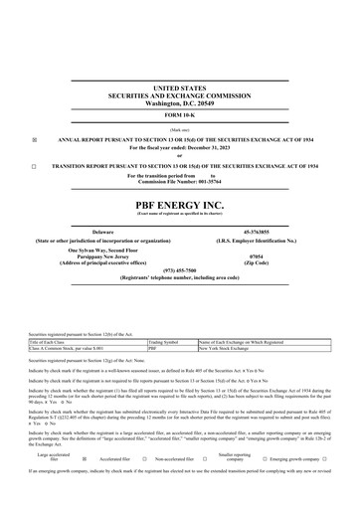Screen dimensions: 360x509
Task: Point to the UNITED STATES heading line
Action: point(179,87)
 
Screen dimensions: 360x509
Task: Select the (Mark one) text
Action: point(179,128)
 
